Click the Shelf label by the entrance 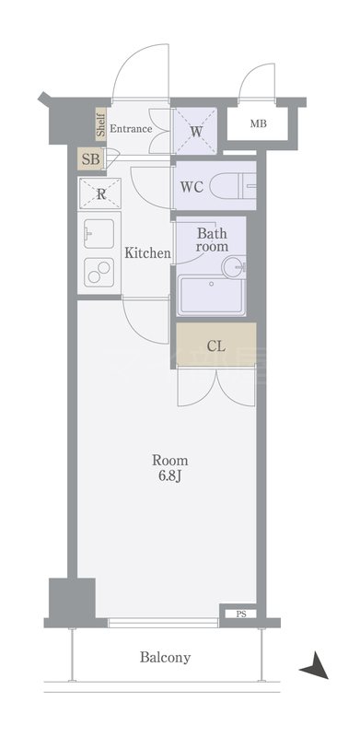(x=100, y=124)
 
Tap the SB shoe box (x=91, y=158)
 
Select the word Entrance (x=131, y=128)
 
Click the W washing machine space (x=195, y=131)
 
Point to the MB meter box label (x=259, y=124)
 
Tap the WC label (x=192, y=187)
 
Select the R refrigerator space (x=100, y=193)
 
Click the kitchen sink (x=99, y=234)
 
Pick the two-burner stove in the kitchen (x=99, y=272)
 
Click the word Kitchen (x=147, y=253)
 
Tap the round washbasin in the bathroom (x=233, y=267)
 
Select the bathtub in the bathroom (x=211, y=296)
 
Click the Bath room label (x=212, y=240)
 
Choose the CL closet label (x=216, y=347)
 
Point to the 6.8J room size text (x=170, y=475)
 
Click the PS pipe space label (x=241, y=614)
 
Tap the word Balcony (x=166, y=657)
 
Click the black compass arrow (x=315, y=665)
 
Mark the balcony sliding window (x=163, y=623)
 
